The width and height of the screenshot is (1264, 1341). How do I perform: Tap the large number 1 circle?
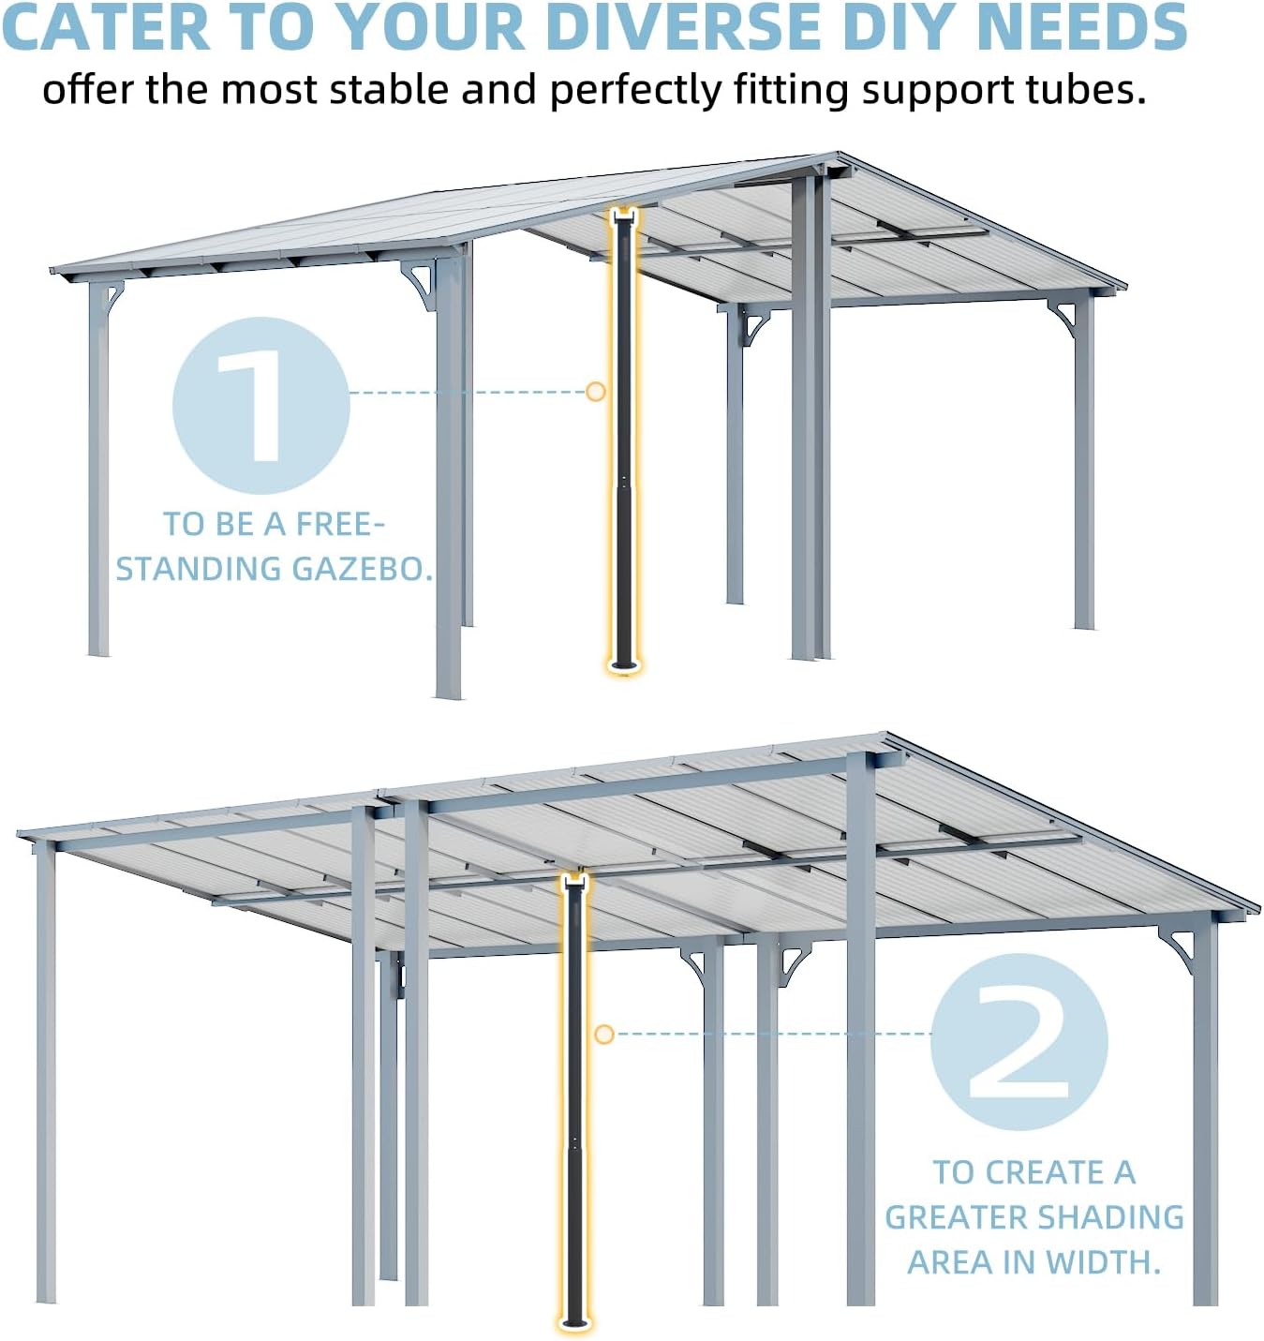click(x=260, y=405)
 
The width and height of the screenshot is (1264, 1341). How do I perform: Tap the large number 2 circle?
click(x=1019, y=1041)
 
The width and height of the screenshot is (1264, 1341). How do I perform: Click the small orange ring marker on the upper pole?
click(x=595, y=392)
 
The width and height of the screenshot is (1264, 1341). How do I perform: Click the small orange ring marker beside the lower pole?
click(x=604, y=1034)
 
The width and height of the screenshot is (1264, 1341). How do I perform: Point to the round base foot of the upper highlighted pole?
click(x=623, y=666)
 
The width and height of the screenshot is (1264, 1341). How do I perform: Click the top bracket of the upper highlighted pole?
click(x=623, y=219)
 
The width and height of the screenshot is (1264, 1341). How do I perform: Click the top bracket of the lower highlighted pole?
click(x=573, y=881)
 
